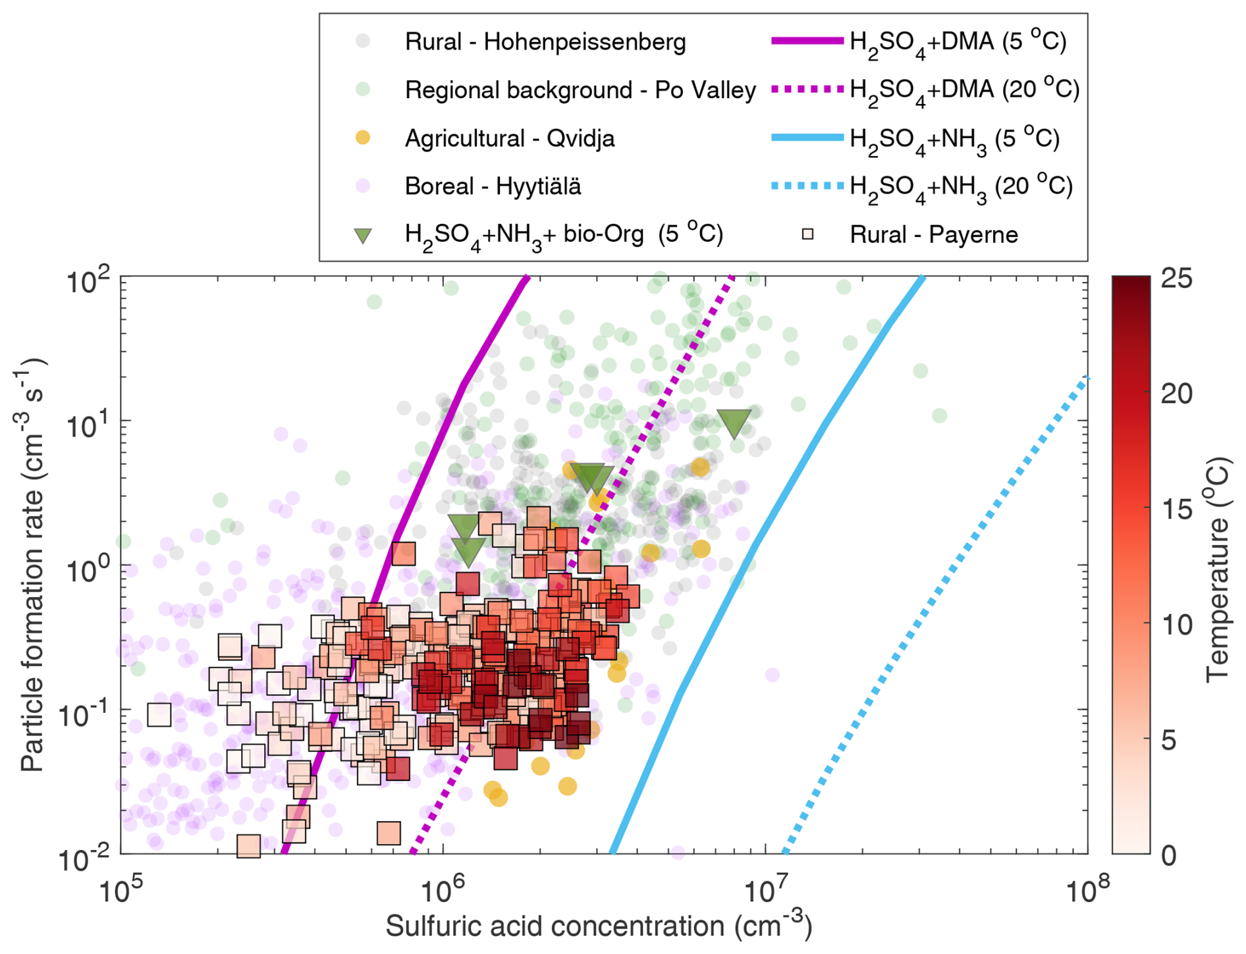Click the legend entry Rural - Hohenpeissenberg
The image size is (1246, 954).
545,42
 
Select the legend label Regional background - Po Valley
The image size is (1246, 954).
580,90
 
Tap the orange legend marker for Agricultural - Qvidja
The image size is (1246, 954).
363,138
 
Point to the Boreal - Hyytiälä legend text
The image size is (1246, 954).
493,186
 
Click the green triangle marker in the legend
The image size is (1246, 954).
363,236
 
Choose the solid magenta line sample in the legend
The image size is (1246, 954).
807,41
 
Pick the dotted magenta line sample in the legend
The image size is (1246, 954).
807,89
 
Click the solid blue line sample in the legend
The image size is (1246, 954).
807,138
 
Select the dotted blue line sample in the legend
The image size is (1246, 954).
807,186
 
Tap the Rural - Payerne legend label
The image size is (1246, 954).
933,235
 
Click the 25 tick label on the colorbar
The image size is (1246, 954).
1176,278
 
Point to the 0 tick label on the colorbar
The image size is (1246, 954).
1168,855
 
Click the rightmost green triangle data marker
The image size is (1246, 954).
734,423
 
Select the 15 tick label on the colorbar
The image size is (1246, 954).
1176,509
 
